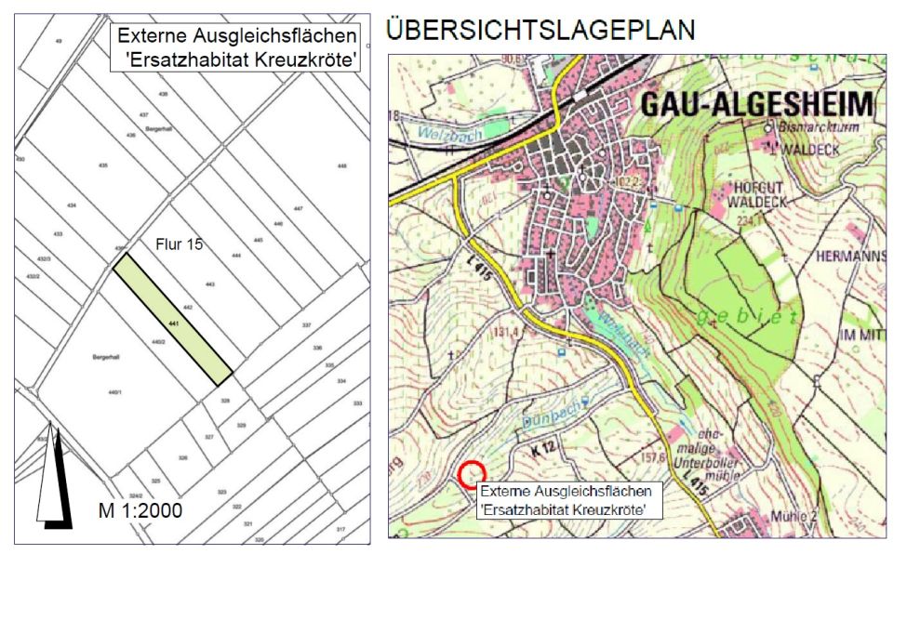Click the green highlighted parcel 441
click(173, 322)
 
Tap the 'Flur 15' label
click(178, 245)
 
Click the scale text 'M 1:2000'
click(140, 510)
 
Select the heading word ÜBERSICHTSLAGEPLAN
click(540, 30)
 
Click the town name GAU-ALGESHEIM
click(757, 103)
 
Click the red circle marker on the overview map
click(473, 474)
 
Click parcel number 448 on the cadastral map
click(342, 165)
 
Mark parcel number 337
click(306, 325)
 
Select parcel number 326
click(183, 457)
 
